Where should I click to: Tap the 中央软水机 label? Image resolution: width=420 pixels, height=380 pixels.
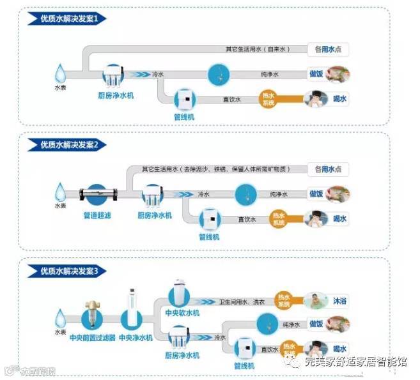coord(182,313)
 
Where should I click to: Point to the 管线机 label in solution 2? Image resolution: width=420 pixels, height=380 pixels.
coord(209,236)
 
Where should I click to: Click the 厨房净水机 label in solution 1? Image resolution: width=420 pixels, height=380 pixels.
coord(122,95)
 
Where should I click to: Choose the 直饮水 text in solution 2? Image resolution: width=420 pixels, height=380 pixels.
coord(247,219)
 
